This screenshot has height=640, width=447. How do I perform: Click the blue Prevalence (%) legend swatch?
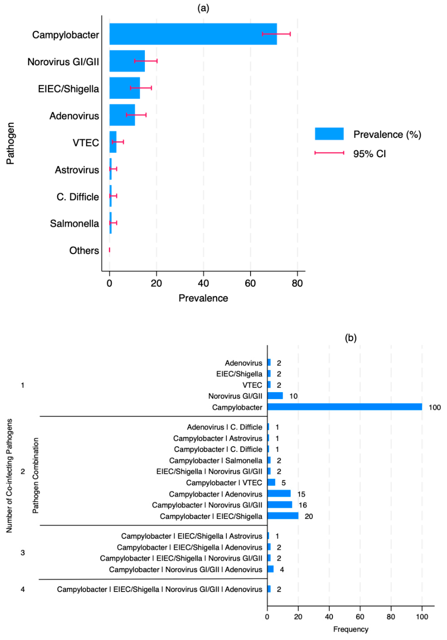point(329,134)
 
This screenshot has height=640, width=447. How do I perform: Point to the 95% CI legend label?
point(369,154)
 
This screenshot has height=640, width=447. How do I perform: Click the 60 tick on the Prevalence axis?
point(250,283)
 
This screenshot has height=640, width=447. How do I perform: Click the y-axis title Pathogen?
point(10,143)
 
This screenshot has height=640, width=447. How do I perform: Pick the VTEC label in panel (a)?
point(86,143)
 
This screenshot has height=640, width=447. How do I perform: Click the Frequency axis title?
point(351,629)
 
